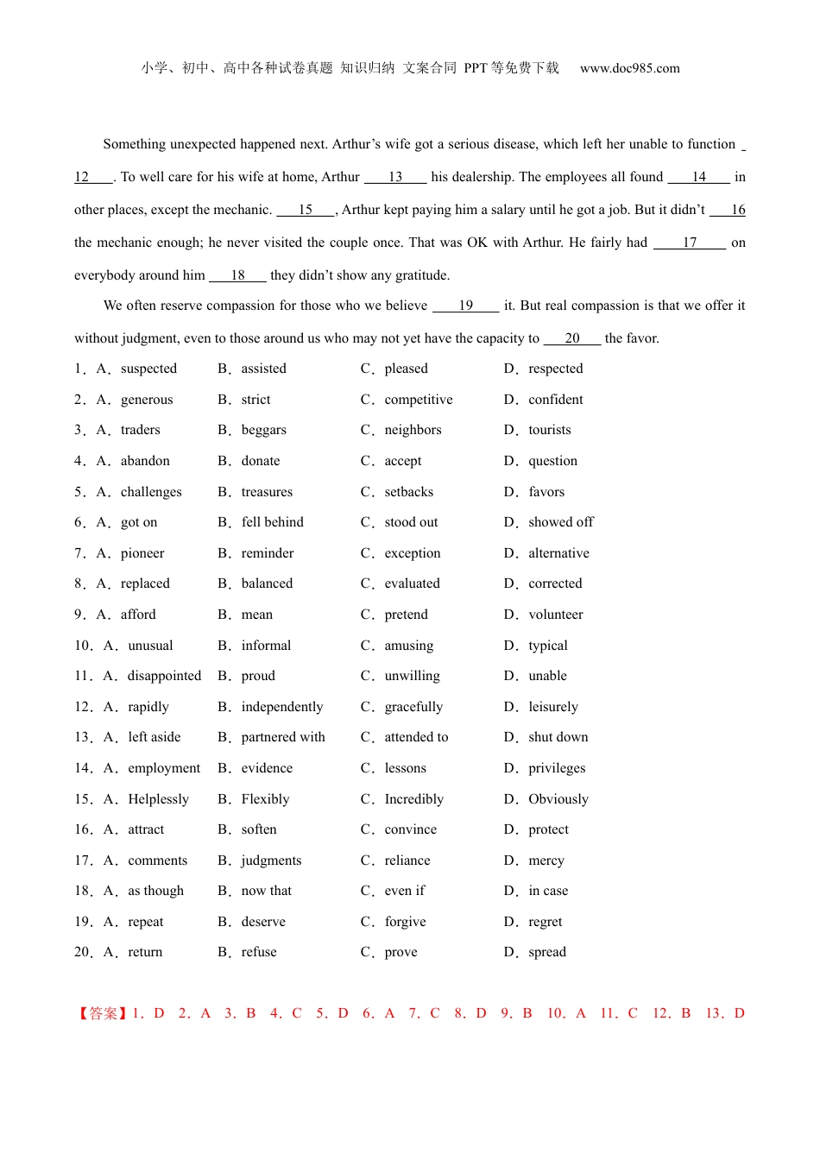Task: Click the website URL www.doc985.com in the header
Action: point(629,68)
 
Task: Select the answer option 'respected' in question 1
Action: point(555,369)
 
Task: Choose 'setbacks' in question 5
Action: point(408,492)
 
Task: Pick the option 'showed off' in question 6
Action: point(560,522)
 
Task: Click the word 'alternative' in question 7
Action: point(558,553)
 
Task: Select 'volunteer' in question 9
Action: point(555,615)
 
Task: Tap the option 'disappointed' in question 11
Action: point(164,676)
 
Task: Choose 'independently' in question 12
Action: point(281,707)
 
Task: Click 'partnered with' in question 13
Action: point(283,737)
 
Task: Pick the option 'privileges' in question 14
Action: point(557,768)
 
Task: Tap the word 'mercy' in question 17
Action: point(546,861)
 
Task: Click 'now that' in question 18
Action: point(266,891)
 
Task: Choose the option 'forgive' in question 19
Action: point(405,922)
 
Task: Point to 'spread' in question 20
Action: point(547,952)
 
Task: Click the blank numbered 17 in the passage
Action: point(690,243)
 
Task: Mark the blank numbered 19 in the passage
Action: point(466,306)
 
